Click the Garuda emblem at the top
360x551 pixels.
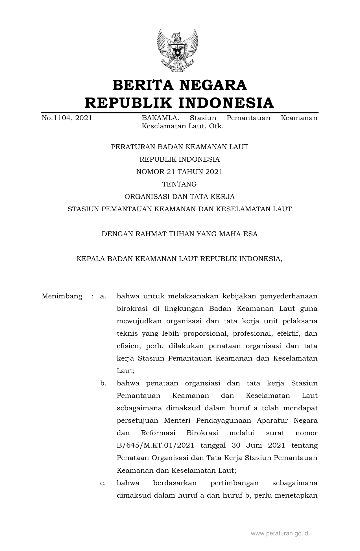tap(178, 51)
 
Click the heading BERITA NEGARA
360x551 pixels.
tap(180, 85)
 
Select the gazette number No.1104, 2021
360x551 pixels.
tap(67, 118)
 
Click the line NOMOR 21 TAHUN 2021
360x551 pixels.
tap(179, 172)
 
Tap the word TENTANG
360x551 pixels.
tap(179, 184)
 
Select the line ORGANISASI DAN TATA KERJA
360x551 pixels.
tap(179, 197)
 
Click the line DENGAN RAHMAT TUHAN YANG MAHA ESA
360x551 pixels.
tap(179, 234)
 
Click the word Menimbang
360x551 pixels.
tap(62, 296)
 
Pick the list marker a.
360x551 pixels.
tap(103, 296)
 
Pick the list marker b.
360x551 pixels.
tap(103, 383)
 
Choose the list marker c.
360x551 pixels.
tap(103, 483)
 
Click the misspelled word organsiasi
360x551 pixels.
tap(202, 383)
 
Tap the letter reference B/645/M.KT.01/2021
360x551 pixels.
tap(155, 446)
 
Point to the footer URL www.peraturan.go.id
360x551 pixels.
tap(279, 533)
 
